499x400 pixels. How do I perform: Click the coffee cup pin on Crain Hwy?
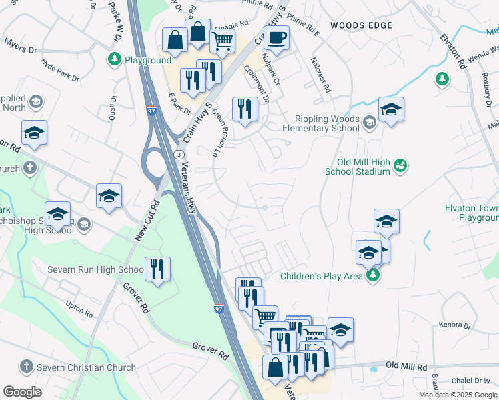276,39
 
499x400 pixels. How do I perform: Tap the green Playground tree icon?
114,60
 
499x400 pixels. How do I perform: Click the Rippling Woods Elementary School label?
322,123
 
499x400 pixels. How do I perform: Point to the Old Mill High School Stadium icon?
400,164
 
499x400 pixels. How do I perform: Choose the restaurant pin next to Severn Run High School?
157,269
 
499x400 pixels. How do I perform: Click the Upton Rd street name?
80,309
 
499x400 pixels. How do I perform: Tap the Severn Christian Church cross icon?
26,367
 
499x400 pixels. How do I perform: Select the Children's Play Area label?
322,275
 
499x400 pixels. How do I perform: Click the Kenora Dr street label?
456,327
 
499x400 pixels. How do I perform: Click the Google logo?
22,391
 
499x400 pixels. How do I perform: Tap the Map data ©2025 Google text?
458,395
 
